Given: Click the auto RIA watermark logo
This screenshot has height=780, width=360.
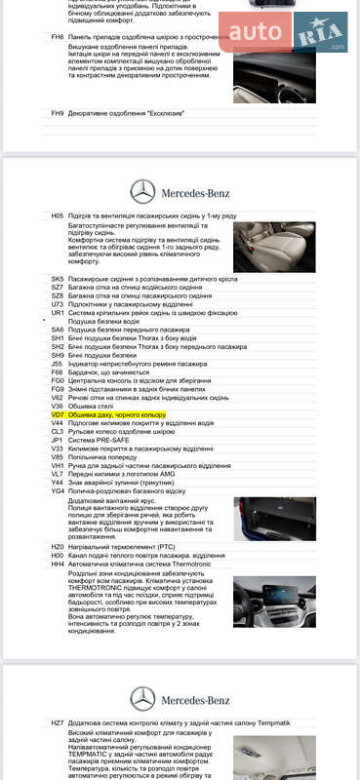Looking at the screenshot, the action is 282,34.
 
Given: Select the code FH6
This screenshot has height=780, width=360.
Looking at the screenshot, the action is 58,36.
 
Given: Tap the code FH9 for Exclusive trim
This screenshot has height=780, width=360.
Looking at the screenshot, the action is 58,113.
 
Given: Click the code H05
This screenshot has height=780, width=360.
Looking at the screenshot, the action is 58,215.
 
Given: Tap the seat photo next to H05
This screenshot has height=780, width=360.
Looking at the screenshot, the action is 274,247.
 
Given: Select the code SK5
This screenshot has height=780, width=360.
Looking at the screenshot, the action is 58,279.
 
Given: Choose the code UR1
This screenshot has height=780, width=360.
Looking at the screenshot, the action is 58,312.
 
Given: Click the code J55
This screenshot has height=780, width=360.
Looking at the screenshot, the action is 57,364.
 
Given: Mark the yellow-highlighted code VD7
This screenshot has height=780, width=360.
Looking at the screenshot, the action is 58,414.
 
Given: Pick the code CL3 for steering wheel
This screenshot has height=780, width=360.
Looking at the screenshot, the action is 58,431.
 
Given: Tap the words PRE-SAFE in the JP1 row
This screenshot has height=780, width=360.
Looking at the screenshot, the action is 108,440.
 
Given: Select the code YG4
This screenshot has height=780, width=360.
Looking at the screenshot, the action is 58,490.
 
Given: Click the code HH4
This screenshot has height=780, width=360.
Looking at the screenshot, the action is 58,565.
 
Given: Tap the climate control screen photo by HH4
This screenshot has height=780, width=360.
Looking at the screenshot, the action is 274,601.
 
